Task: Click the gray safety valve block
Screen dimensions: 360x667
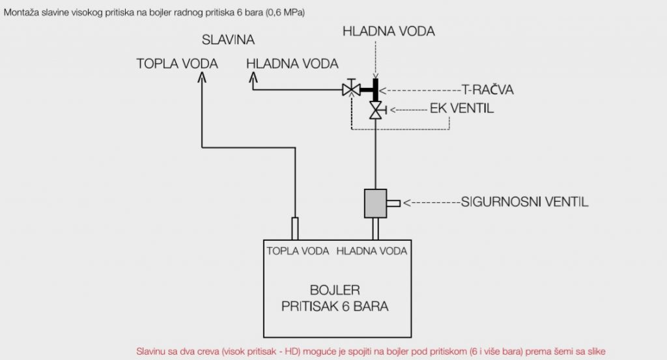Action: click(375, 203)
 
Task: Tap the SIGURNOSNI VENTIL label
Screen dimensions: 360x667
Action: click(524, 202)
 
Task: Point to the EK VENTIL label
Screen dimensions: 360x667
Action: click(462, 108)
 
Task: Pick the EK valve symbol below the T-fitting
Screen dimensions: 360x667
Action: click(376, 110)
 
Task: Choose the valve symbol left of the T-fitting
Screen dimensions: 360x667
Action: click(352, 89)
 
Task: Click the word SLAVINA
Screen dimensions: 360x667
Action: click(227, 41)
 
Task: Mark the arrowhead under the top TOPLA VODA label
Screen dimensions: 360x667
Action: click(202, 77)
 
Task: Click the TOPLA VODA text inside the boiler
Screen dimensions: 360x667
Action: click(298, 251)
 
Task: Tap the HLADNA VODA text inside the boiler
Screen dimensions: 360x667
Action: click(372, 251)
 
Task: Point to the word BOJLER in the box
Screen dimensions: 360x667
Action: click(335, 289)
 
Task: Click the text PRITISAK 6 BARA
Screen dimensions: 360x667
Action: click(335, 305)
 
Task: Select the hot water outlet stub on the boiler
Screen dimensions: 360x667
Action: click(294, 228)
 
